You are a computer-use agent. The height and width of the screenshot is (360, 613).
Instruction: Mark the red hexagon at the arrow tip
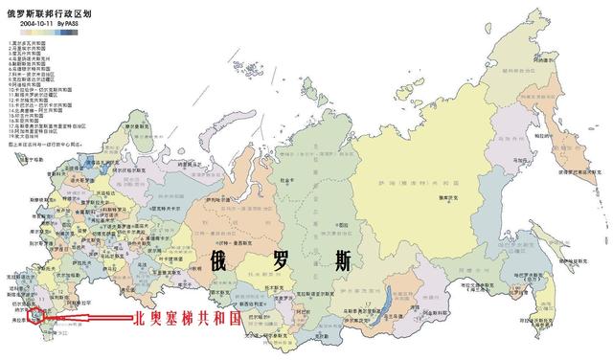[x=35, y=312]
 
